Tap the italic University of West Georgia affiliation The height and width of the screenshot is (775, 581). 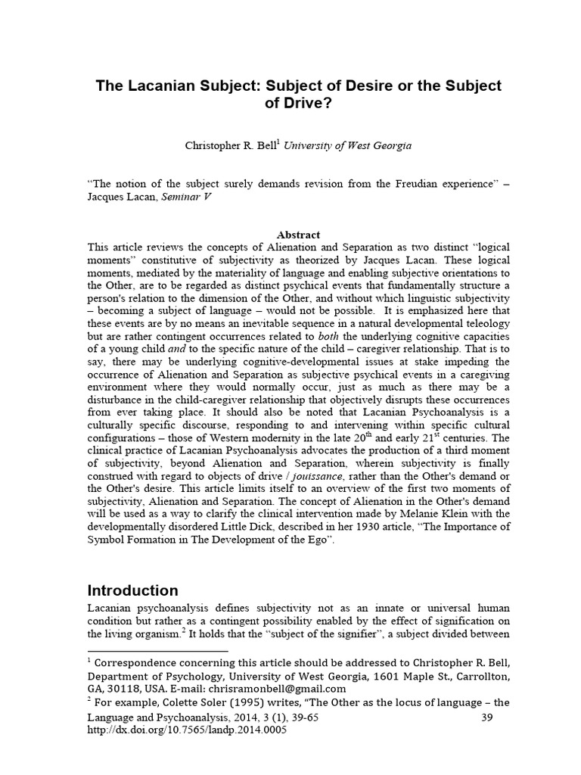coord(348,145)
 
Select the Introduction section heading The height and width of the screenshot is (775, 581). coord(133,590)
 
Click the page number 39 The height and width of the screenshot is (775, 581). coord(487,717)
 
